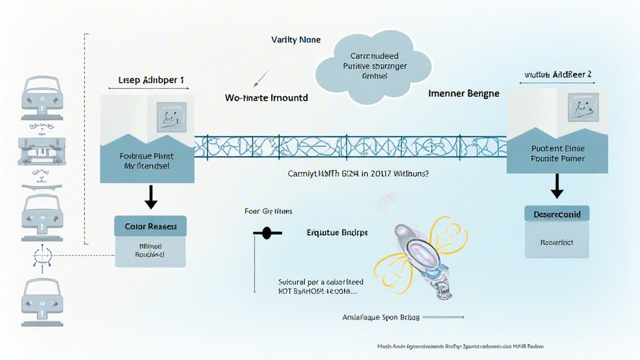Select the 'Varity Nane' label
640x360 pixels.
pyautogui.click(x=296, y=39)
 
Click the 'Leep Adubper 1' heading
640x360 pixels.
pyautogui.click(x=151, y=81)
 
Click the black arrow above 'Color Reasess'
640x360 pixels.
pyautogui.click(x=151, y=196)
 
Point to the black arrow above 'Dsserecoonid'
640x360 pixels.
pyautogui.click(x=556, y=186)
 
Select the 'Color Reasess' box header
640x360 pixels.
pyautogui.click(x=151, y=226)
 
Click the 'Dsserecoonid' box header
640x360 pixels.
pyautogui.click(x=556, y=214)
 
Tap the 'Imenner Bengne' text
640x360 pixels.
pyautogui.click(x=464, y=93)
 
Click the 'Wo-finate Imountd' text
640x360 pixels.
pyautogui.click(x=266, y=98)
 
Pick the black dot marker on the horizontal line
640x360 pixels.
pyautogui.click(x=267, y=233)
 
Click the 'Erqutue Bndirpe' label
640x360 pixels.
pyautogui.click(x=337, y=232)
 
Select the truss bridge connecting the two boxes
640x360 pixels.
pyautogui.click(x=350, y=146)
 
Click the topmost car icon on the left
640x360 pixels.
pyautogui.click(x=42, y=96)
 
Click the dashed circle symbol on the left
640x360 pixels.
pyautogui.click(x=42, y=256)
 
